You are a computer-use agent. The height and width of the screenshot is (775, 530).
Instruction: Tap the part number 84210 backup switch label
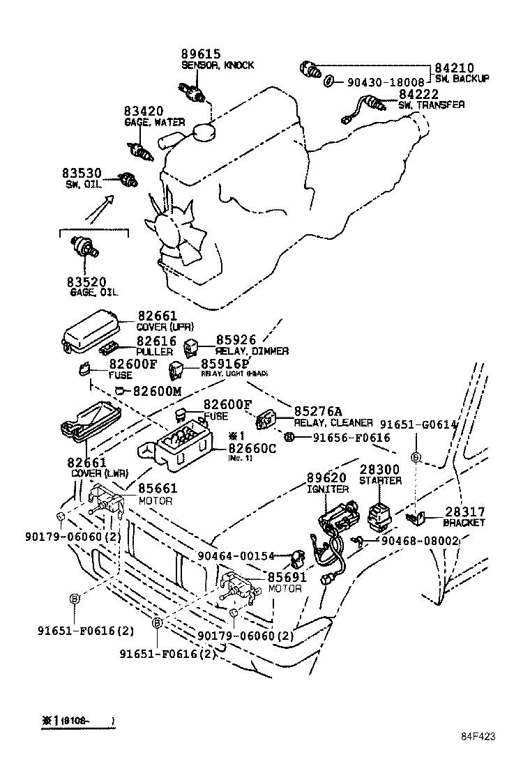click(455, 68)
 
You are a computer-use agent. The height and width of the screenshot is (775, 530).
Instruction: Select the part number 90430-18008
click(385, 82)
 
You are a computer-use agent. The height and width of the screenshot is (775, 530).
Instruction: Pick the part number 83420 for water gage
click(144, 112)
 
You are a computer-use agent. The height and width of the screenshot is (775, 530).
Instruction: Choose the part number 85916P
click(225, 363)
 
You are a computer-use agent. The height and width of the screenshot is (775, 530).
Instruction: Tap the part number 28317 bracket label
click(464, 512)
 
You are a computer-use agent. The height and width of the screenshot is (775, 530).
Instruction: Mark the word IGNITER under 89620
click(327, 489)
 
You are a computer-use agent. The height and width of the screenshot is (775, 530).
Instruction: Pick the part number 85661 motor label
click(158, 489)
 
